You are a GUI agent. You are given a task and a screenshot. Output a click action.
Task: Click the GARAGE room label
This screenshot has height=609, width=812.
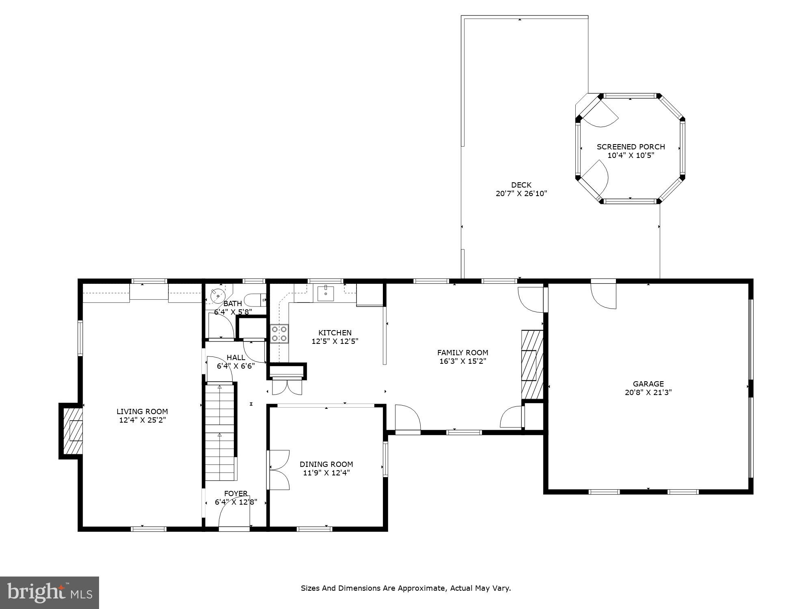[x=648, y=384]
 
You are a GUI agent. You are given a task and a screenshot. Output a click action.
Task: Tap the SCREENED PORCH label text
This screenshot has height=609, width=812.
[x=631, y=147]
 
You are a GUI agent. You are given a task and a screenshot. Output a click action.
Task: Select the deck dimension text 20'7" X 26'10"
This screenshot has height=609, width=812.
[x=521, y=194]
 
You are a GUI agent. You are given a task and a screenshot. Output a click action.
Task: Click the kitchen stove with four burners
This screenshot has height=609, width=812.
[x=279, y=333]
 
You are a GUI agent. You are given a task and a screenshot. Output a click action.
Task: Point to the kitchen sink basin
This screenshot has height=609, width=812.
[x=326, y=293]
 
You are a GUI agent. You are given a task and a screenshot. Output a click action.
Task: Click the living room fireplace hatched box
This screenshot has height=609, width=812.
[x=72, y=431]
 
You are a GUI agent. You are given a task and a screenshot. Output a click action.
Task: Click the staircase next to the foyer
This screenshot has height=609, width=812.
[x=220, y=432]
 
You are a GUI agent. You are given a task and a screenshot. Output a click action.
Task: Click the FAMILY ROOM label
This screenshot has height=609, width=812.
[x=462, y=352]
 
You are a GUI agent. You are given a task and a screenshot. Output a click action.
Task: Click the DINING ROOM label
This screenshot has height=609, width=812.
[x=326, y=464]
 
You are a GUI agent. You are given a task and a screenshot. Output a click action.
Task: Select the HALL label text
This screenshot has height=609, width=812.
[x=235, y=357]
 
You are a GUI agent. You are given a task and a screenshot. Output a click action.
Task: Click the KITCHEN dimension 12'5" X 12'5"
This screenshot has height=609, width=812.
[x=335, y=341]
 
